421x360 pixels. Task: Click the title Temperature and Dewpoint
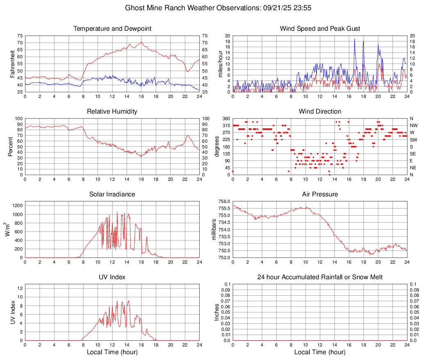pyautogui.click(x=112, y=29)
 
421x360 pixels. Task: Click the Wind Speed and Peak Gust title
pyautogui.click(x=320, y=29)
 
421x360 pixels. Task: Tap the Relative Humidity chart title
pyautogui.click(x=112, y=112)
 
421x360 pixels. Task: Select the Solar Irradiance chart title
pyautogui.click(x=112, y=194)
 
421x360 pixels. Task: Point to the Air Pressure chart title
pyautogui.click(x=320, y=194)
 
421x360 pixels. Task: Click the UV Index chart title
pyautogui.click(x=112, y=277)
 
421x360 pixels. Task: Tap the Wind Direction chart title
pyautogui.click(x=320, y=112)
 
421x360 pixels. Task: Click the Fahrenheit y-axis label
pyautogui.click(x=13, y=64)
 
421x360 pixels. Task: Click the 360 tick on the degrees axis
pyautogui.click(x=225, y=119)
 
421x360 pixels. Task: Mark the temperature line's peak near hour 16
pyautogui.click(x=141, y=42)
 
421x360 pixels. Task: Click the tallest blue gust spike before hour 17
pyautogui.click(x=355, y=39)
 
